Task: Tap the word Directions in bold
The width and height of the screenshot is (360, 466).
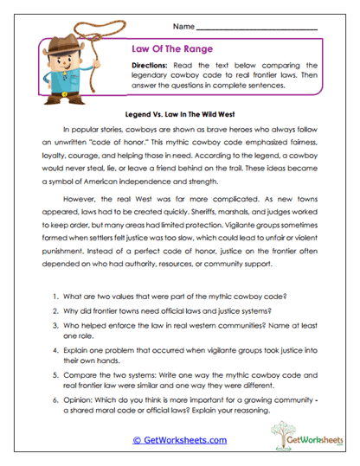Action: pos(157,66)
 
